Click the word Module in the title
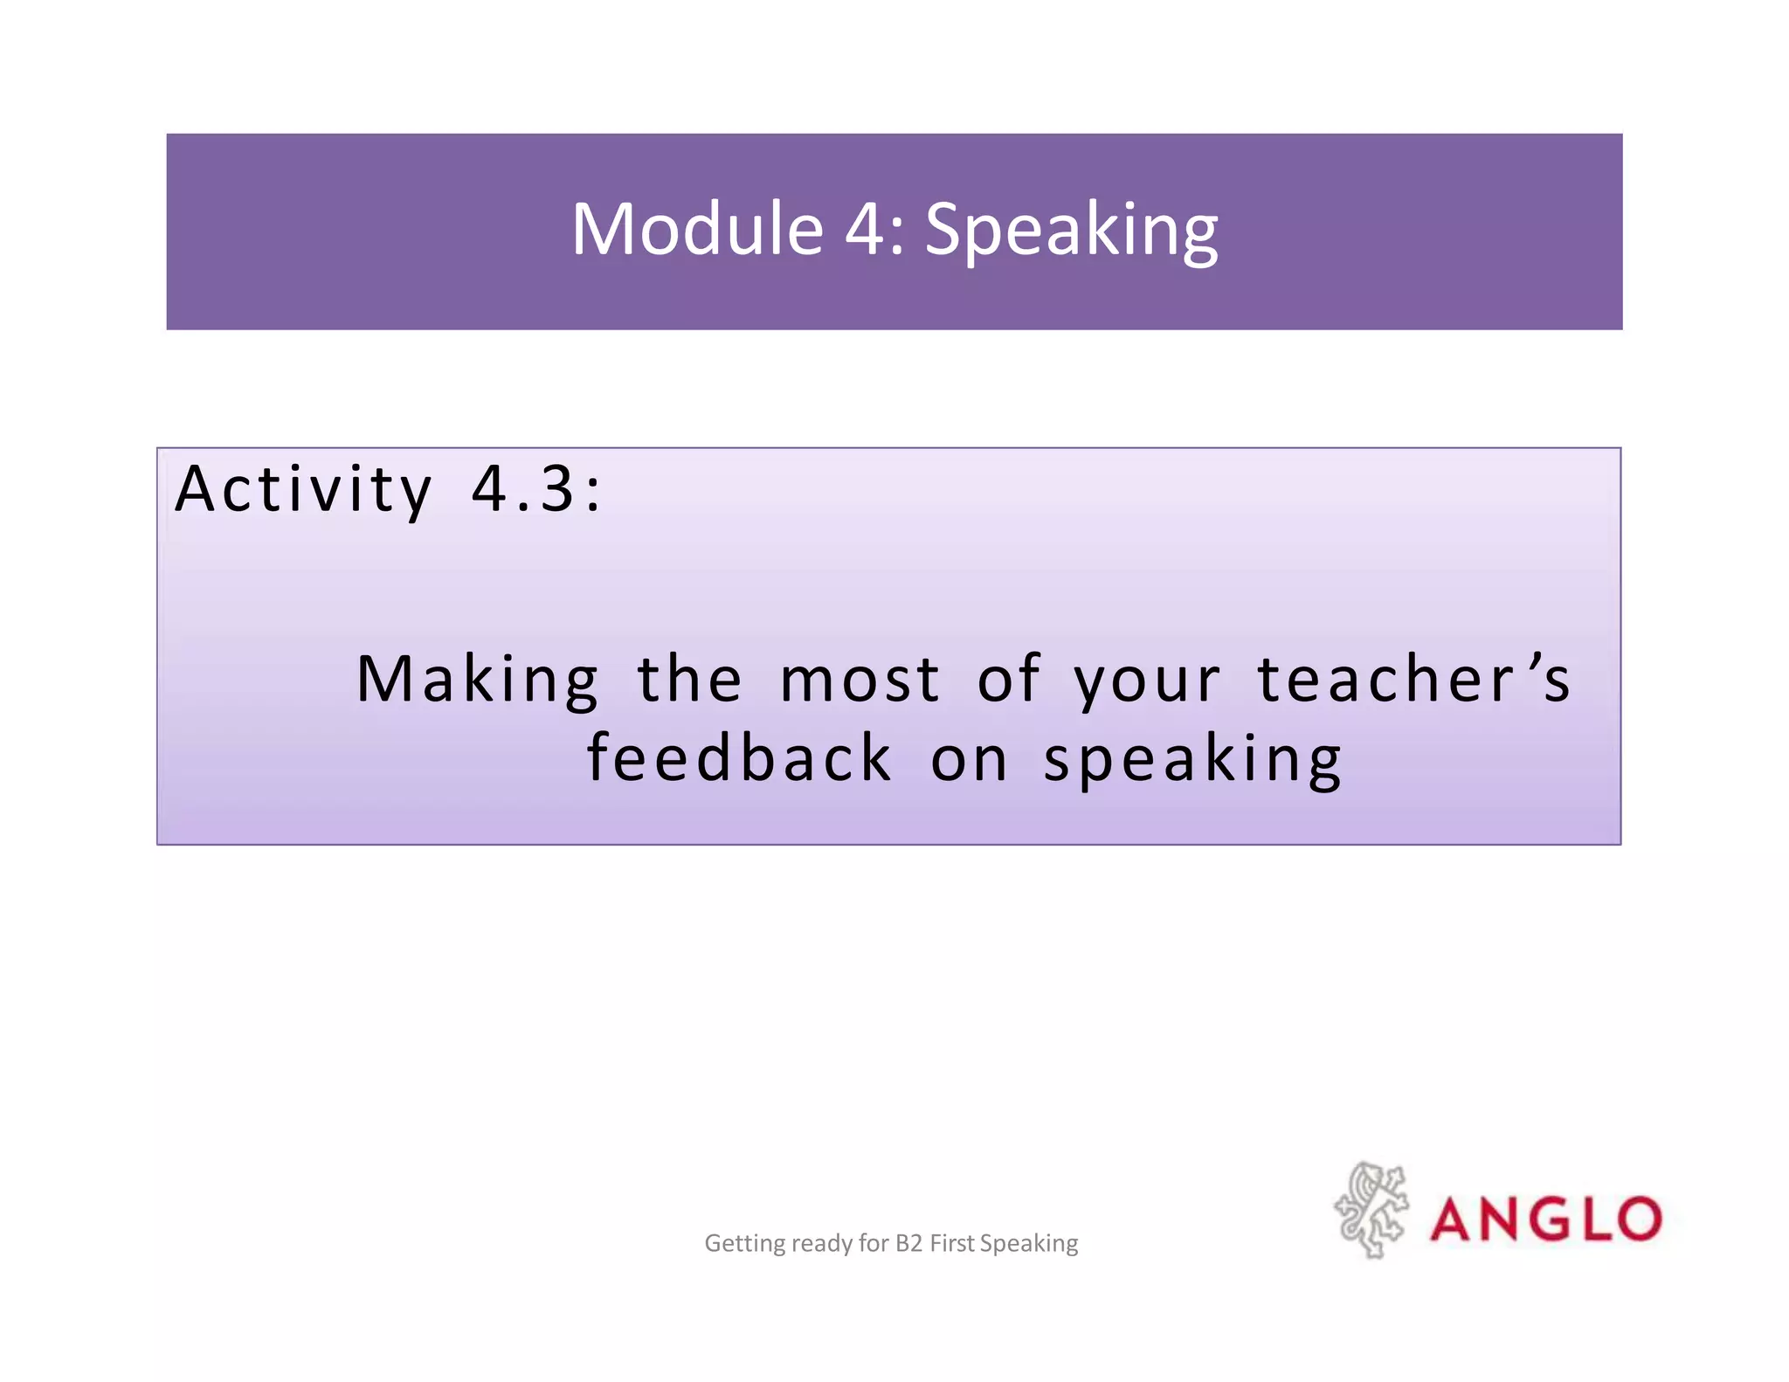[x=697, y=229]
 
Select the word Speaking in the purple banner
[x=1071, y=231]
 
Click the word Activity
[x=303, y=490]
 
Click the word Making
[x=478, y=681]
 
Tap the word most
[x=860, y=681]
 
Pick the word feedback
[x=739, y=758]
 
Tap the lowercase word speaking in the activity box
[x=1192, y=760]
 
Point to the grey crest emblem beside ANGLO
[x=1371, y=1210]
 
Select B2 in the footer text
[x=908, y=1243]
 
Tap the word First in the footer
[x=951, y=1243]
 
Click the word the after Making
[x=689, y=681]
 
